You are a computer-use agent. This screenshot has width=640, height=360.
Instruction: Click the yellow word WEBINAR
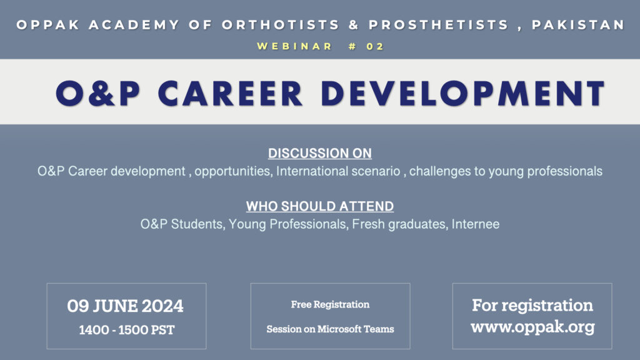295,46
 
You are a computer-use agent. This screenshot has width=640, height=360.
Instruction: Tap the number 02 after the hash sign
375,46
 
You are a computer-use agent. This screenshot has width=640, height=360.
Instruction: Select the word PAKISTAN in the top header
578,25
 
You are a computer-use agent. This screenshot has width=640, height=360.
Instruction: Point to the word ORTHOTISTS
281,25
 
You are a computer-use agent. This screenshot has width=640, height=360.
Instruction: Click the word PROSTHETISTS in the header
439,25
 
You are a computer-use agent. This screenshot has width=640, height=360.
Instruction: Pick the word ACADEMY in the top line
134,25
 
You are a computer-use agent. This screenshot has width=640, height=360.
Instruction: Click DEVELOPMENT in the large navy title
463,94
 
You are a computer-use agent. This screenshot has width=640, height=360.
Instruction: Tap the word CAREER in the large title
230,94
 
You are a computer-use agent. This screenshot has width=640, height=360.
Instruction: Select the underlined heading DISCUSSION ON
320,153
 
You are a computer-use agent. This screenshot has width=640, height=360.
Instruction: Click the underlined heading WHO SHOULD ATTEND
320,206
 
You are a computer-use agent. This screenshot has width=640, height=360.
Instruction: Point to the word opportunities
232,171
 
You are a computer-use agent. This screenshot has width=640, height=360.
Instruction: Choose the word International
312,171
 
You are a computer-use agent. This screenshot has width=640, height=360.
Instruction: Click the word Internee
476,224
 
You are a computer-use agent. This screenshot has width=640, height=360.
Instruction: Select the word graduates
418,224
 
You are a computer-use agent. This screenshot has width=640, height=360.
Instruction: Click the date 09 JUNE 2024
126,306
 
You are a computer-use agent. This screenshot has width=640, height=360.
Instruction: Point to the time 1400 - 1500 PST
127,330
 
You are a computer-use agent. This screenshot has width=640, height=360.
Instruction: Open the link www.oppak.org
532,327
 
